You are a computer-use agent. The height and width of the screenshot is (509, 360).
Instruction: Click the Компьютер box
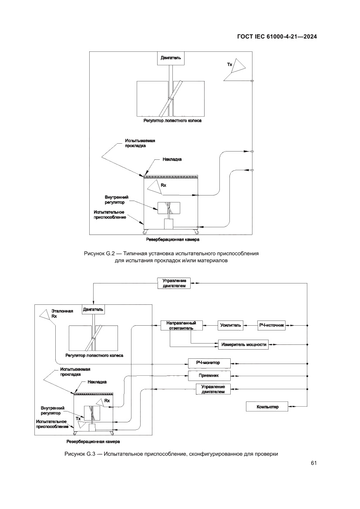(268, 407)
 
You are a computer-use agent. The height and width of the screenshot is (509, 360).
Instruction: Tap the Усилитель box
(230, 325)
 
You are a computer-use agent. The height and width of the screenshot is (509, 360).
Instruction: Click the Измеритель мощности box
(242, 344)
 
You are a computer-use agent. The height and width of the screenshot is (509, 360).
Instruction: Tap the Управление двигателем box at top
(174, 284)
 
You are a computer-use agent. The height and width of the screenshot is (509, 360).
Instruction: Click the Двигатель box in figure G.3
(93, 310)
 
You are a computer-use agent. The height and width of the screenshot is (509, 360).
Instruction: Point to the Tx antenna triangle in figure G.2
(234, 70)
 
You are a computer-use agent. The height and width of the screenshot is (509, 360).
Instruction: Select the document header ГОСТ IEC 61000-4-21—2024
(276, 37)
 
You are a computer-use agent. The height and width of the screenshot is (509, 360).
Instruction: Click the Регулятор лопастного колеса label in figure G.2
(169, 120)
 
